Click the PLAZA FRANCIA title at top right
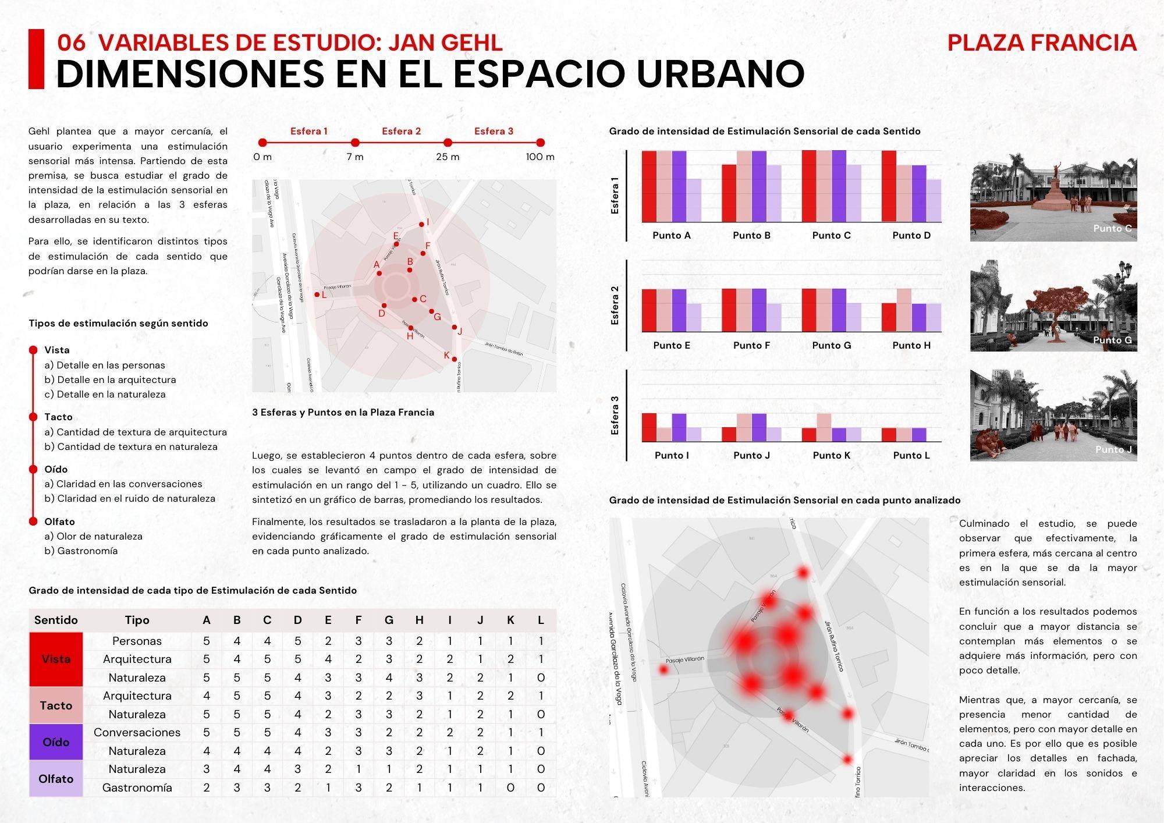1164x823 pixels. pyautogui.click(x=1041, y=42)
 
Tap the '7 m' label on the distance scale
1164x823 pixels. pyautogui.click(x=355, y=157)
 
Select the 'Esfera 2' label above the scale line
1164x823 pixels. pyautogui.click(x=401, y=131)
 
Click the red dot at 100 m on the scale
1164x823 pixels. pyautogui.click(x=540, y=143)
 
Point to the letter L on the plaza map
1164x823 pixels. pyautogui.click(x=324, y=295)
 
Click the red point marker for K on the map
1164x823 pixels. pyautogui.click(x=455, y=359)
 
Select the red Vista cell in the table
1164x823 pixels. pyautogui.click(x=56, y=659)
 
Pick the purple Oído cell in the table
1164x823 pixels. pyautogui.click(x=56, y=742)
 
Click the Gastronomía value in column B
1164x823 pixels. pyautogui.click(x=237, y=787)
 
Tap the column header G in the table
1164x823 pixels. pyautogui.click(x=389, y=620)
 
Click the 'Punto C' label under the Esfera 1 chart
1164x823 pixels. pyautogui.click(x=831, y=235)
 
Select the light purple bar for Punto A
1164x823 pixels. pyautogui.click(x=694, y=200)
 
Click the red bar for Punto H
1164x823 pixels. pyautogui.click(x=889, y=317)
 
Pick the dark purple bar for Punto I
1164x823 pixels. pyautogui.click(x=679, y=427)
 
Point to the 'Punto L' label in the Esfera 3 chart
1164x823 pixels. pyautogui.click(x=911, y=455)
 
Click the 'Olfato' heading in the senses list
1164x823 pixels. pyautogui.click(x=59, y=522)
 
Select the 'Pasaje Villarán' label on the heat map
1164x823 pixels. pyautogui.click(x=684, y=659)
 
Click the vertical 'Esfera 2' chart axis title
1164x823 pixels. pyautogui.click(x=615, y=306)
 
